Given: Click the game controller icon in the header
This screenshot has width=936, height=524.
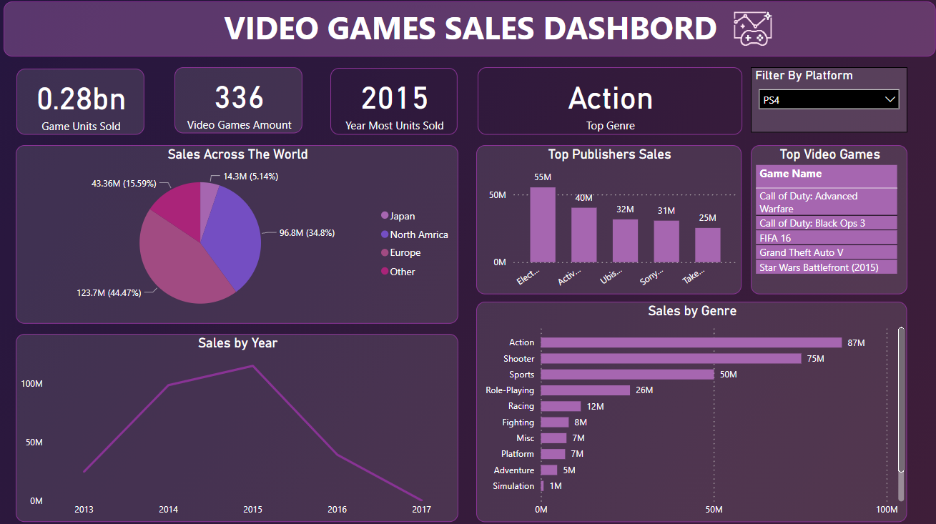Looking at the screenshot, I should pos(753,29).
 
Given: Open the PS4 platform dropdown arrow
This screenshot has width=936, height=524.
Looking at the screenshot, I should pos(890,99).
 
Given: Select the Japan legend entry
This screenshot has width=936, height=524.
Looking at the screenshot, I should pos(403,216).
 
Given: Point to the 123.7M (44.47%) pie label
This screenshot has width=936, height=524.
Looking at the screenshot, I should pos(109,292).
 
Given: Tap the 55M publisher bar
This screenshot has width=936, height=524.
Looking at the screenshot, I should pos(543,224).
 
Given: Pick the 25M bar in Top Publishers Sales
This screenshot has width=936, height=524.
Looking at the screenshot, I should pos(708,244).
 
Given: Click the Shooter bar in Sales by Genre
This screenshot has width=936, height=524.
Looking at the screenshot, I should pos(671,358).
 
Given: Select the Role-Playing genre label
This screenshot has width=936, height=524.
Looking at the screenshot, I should pos(510,390).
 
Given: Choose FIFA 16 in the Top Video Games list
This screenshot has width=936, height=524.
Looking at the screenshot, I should pos(775,238).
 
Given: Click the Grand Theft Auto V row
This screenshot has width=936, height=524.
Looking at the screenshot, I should pos(802,252).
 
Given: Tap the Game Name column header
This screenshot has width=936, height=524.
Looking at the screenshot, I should pos(791,174).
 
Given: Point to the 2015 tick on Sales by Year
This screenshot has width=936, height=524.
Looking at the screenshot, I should pos(252,510).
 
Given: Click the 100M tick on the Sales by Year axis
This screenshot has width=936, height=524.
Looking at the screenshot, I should pos(31,384).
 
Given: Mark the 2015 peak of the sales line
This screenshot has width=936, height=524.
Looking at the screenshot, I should pos(252,366).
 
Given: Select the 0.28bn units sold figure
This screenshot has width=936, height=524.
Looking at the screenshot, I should pos(81,99).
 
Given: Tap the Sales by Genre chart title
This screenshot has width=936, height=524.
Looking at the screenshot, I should pos(691,311).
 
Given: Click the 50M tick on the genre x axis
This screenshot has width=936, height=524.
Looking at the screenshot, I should pos(714,510).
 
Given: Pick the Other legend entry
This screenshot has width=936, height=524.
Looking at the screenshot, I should pos(403,272).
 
